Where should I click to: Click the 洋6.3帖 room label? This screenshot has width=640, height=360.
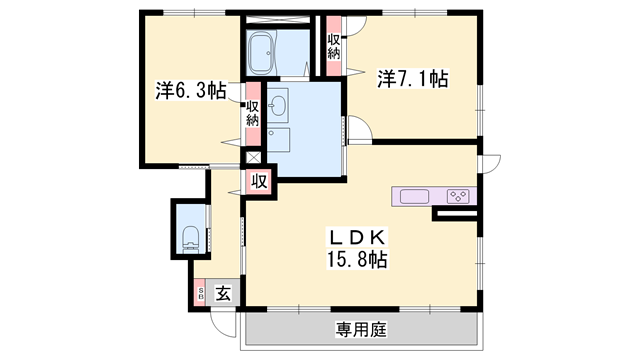(190, 90)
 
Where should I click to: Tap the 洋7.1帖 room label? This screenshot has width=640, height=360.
(412, 78)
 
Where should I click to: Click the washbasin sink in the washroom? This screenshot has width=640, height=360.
(278, 103)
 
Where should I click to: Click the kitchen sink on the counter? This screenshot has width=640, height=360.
(414, 196)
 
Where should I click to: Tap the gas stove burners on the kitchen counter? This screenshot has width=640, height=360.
(459, 196)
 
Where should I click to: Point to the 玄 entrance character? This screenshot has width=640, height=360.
(223, 293)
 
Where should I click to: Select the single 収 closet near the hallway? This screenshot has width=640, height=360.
(258, 181)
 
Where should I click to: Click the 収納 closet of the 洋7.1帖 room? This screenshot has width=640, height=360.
(332, 45)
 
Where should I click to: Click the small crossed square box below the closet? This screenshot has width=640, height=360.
(253, 156)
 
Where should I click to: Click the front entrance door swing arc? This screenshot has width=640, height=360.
(221, 322)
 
